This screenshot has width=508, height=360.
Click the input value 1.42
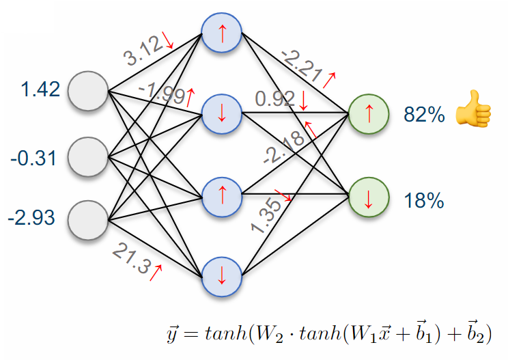pyautogui.click(x=41, y=89)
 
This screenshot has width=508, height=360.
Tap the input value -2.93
pyautogui.click(x=32, y=219)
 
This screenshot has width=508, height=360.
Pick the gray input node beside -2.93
pyautogui.click(x=89, y=220)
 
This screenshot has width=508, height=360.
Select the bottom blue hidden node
pyautogui.click(x=222, y=276)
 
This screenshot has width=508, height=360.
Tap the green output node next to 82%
pyautogui.click(x=369, y=113)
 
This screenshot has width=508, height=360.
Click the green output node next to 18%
pyautogui.click(x=369, y=199)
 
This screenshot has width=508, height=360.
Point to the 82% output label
pyautogui.click(x=424, y=115)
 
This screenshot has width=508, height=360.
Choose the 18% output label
pyautogui.click(x=424, y=201)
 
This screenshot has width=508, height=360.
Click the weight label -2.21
pyautogui.click(x=301, y=67)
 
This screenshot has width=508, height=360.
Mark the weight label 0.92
pyautogui.click(x=274, y=100)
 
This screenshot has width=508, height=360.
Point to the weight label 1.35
pyautogui.click(x=266, y=213)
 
